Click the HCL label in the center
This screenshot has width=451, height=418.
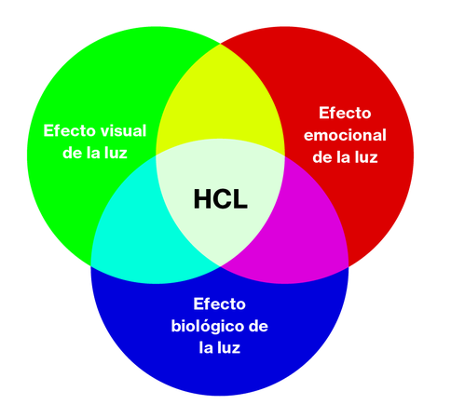coord(221,199)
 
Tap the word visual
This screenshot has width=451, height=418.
coord(125,130)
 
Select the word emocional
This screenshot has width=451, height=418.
coord(345,135)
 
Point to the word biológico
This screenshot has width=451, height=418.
coord(206,326)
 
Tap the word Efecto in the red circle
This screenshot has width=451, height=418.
coord(345,113)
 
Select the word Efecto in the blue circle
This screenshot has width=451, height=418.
coord(219,303)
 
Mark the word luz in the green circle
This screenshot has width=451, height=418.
coord(115,153)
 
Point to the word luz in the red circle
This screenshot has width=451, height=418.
coord(365,157)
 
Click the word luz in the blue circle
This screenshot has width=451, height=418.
coord(228,347)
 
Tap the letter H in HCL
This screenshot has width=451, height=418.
coord(203,199)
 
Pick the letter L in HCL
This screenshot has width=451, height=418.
coord(240,199)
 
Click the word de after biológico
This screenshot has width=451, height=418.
coord(258,326)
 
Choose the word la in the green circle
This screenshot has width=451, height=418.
coord(92,153)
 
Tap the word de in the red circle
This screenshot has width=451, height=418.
coord(322,157)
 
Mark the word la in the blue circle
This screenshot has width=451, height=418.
coord(206,347)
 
